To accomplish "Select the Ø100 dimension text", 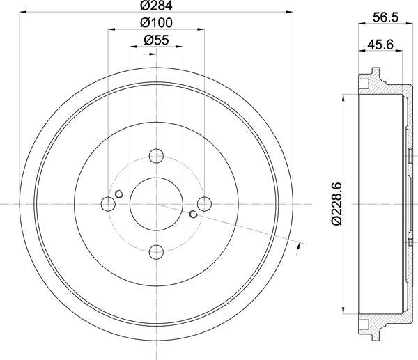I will [157, 23].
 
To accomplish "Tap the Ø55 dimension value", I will [157, 40].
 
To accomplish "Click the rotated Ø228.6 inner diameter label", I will [336, 203].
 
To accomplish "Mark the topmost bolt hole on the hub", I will [157, 156].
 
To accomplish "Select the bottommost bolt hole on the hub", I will [157, 251].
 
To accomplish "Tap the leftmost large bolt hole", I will [109, 203].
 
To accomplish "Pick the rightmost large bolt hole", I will [204, 203].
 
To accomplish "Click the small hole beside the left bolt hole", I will [119, 194].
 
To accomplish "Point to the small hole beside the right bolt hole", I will [194, 213].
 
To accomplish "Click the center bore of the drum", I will [157, 203].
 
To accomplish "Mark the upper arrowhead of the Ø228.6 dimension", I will [344, 98].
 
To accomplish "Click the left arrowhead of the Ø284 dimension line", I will [23, 13].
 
